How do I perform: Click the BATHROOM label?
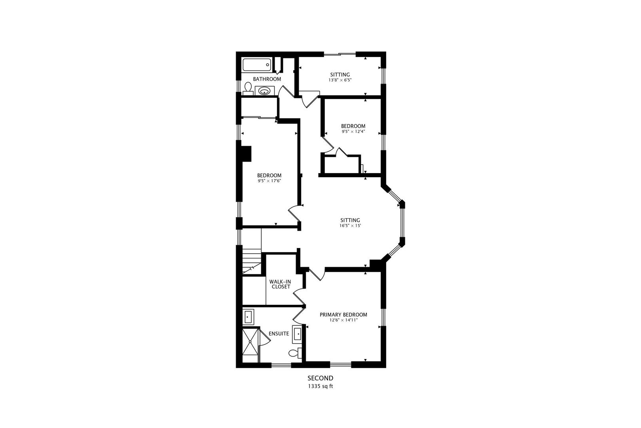pyautogui.click(x=267, y=79)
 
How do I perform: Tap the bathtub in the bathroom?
pyautogui.click(x=257, y=65)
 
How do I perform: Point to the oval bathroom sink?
pyautogui.click(x=264, y=91)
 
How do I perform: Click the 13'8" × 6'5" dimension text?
pyautogui.click(x=340, y=80)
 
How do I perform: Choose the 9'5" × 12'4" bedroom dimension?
pyautogui.click(x=353, y=132)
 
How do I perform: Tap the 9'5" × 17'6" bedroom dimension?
pyautogui.click(x=269, y=181)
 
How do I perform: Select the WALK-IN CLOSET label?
pyautogui.click(x=280, y=284)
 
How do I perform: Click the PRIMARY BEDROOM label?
pyautogui.click(x=343, y=315)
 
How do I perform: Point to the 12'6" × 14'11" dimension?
pyautogui.click(x=343, y=320)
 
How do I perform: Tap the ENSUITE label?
pyautogui.click(x=279, y=334)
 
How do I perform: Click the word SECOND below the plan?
pyautogui.click(x=320, y=378)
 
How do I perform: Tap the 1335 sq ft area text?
pyautogui.click(x=320, y=386)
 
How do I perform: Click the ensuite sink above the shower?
pyautogui.click(x=248, y=317)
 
